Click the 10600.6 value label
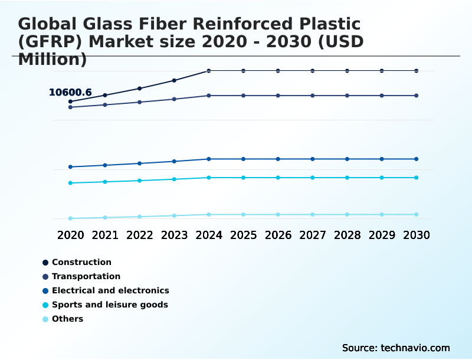point(70,93)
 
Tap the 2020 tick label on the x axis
point(70,235)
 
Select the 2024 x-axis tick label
point(209,235)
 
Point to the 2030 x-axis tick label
point(417,235)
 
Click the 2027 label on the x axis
point(313,235)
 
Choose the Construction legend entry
point(81,262)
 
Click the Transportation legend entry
point(86,276)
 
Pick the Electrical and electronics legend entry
point(110,290)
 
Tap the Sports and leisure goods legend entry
point(110,305)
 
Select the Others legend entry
point(67,319)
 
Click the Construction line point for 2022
point(140,89)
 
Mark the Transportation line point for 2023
point(174,99)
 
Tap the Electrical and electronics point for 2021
point(105,165)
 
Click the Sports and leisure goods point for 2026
point(278,178)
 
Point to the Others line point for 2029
point(382,214)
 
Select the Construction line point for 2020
point(70,102)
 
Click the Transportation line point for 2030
point(417,96)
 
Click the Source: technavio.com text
point(396,348)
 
